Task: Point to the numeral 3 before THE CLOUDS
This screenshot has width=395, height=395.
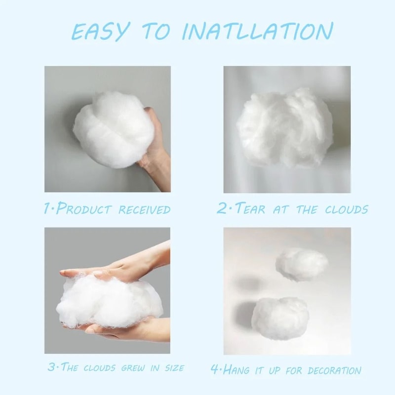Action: (x=51, y=367)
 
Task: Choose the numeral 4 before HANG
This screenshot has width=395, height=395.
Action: (x=214, y=369)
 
